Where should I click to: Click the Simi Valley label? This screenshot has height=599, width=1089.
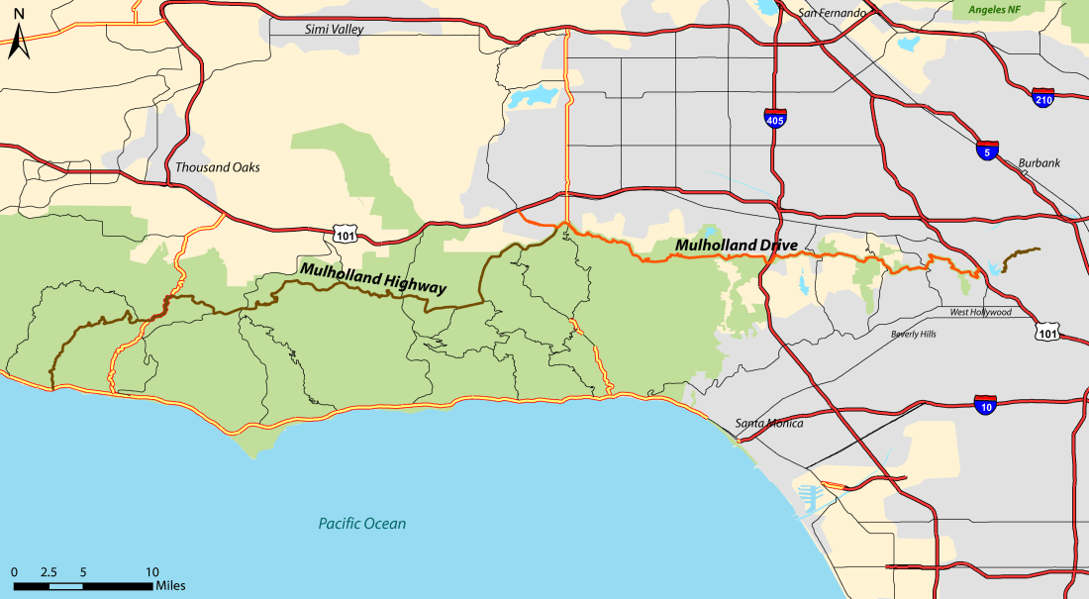[x=331, y=30]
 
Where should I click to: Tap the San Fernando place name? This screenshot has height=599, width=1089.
[x=833, y=13]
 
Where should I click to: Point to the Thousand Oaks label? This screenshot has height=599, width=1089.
[x=217, y=167]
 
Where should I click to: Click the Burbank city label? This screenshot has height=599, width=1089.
[x=1039, y=162]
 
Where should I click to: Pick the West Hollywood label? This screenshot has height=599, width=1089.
[x=980, y=312]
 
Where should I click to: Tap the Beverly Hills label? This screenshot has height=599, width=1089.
[x=913, y=335]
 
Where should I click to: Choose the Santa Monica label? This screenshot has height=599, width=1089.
[x=769, y=424]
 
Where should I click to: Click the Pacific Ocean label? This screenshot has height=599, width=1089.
[x=362, y=524]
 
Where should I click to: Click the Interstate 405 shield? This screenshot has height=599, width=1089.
[x=776, y=118]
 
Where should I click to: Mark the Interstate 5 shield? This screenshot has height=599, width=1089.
[x=986, y=150]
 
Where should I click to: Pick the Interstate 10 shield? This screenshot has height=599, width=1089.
[x=985, y=404]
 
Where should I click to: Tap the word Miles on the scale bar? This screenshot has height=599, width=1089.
[x=169, y=586]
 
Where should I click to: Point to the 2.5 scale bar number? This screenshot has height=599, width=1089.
[x=49, y=572]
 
